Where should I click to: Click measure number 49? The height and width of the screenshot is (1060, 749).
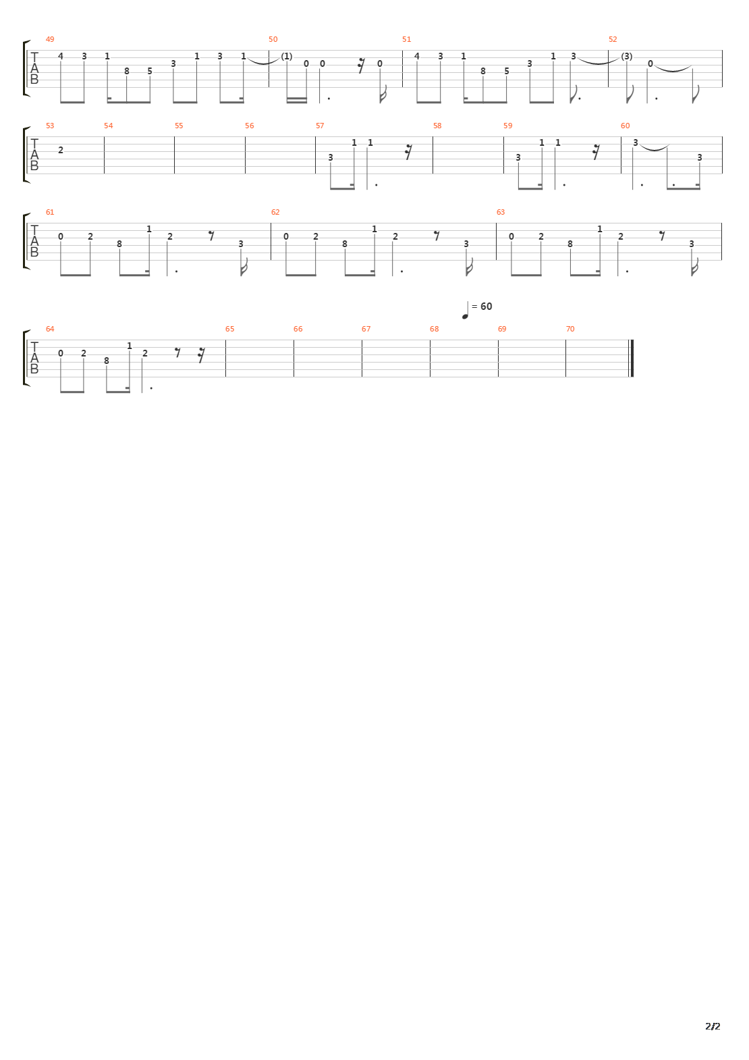(x=50, y=40)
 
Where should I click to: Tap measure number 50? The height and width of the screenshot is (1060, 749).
(x=273, y=40)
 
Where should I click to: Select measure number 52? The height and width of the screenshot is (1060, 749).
(x=613, y=40)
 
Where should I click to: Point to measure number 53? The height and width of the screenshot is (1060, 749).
(x=50, y=126)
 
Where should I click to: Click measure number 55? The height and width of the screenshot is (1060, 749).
(x=179, y=126)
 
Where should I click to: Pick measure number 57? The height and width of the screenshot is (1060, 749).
(x=320, y=126)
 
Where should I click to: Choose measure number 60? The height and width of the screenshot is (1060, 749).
(x=626, y=126)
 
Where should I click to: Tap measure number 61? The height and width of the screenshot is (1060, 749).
(x=50, y=213)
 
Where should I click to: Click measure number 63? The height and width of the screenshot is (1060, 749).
(x=501, y=213)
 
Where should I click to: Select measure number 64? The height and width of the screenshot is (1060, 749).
(x=50, y=329)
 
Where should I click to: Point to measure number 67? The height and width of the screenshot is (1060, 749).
(x=366, y=329)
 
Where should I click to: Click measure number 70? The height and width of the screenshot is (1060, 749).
(x=570, y=329)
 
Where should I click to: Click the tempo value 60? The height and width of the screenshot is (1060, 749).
(x=487, y=307)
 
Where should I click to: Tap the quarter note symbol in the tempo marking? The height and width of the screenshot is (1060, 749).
(x=465, y=311)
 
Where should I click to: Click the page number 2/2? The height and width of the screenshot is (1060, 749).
(x=713, y=1027)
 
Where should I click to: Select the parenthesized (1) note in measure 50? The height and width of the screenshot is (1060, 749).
(x=287, y=56)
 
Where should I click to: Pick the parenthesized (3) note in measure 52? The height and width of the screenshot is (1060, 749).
(x=627, y=56)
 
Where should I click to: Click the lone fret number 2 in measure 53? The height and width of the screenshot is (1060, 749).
(x=61, y=150)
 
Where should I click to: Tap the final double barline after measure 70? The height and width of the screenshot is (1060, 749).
(x=632, y=358)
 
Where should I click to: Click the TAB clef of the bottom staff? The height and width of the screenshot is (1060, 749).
(x=34, y=358)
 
